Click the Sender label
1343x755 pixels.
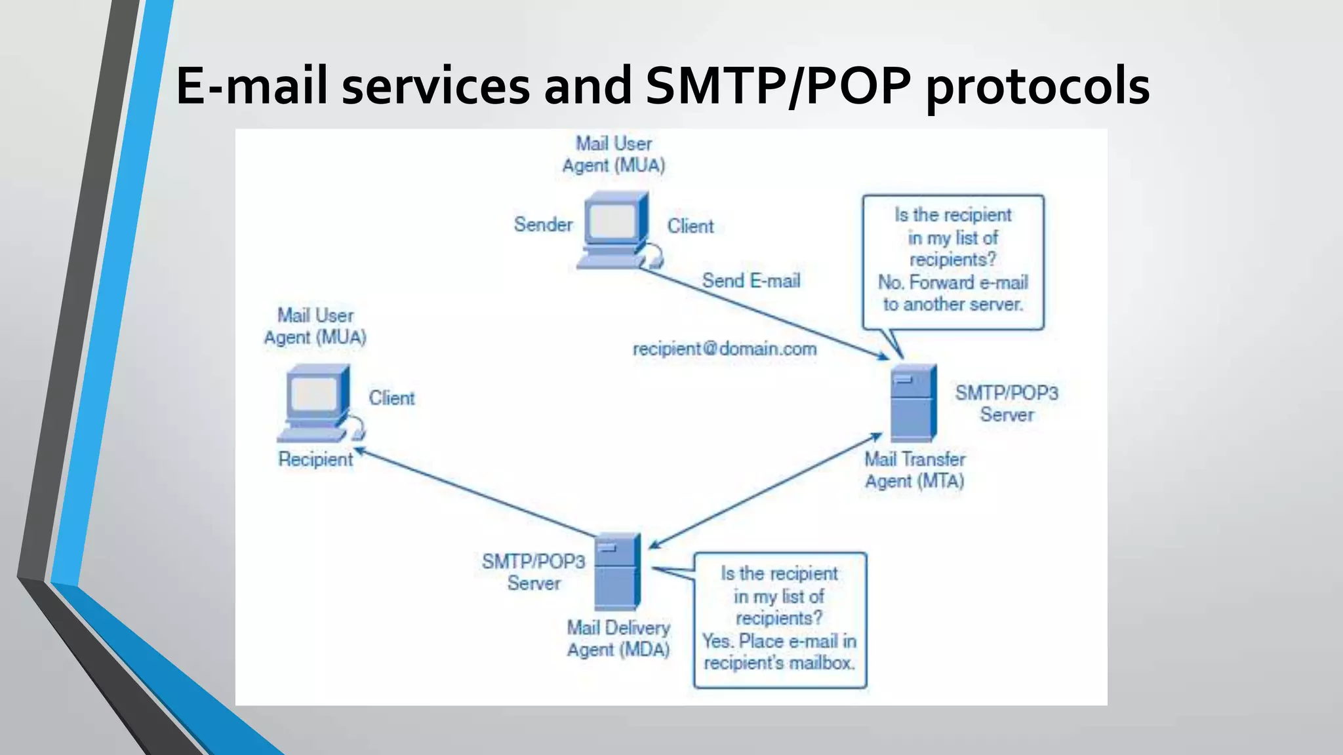pos(543,225)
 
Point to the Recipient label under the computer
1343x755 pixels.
pos(315,459)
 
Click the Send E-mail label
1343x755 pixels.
pos(751,281)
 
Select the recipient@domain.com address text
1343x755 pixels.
pos(725,349)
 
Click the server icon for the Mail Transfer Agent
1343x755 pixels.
pos(913,402)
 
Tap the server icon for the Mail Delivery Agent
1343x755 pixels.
pos(616,571)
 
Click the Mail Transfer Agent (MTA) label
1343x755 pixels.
pos(915,470)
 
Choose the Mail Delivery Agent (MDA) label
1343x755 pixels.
pos(618,639)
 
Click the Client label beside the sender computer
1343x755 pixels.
pos(690,227)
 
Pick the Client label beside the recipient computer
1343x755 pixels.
pos(391,398)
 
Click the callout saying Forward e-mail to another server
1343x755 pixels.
pos(953,261)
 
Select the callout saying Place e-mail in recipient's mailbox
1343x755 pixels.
pos(780,619)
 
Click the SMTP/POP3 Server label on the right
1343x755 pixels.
pos(1007,404)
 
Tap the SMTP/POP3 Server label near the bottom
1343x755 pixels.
pos(533,572)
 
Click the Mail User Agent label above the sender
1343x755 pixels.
pos(614,155)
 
